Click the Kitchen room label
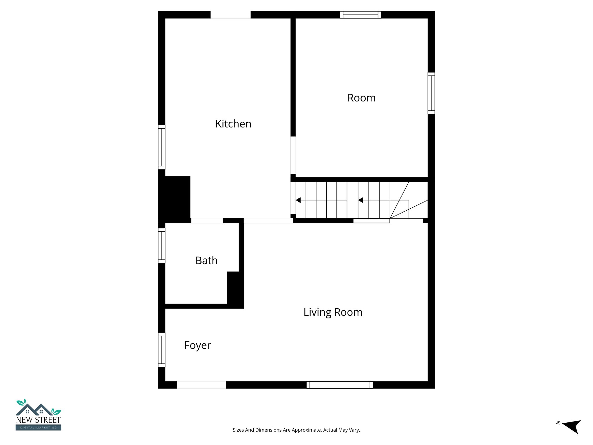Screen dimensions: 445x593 pyautogui.click(x=233, y=124)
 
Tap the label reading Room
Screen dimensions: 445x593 pyautogui.click(x=361, y=98)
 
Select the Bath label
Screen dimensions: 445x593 pyautogui.click(x=206, y=261)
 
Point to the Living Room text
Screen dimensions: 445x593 pyautogui.click(x=333, y=312)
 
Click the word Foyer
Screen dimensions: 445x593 pyautogui.click(x=197, y=345)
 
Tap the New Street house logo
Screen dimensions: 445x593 pyautogui.click(x=38, y=415)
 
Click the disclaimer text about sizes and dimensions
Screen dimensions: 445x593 pyautogui.click(x=296, y=430)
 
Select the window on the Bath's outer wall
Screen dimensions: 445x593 pyautogui.click(x=162, y=246)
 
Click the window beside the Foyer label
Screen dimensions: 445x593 pyautogui.click(x=162, y=350)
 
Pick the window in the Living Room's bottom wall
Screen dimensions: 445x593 pyautogui.click(x=340, y=385)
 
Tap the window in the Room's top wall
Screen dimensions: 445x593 pyautogui.click(x=360, y=15)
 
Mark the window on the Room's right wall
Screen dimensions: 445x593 pyautogui.click(x=431, y=93)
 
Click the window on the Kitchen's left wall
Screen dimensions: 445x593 pyautogui.click(x=162, y=147)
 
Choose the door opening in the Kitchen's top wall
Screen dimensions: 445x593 pyautogui.click(x=230, y=15)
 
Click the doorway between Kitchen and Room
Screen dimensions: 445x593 pyautogui.click(x=293, y=155)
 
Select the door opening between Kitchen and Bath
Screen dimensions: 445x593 pyautogui.click(x=207, y=221)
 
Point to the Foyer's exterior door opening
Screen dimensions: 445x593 pyautogui.click(x=202, y=385)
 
